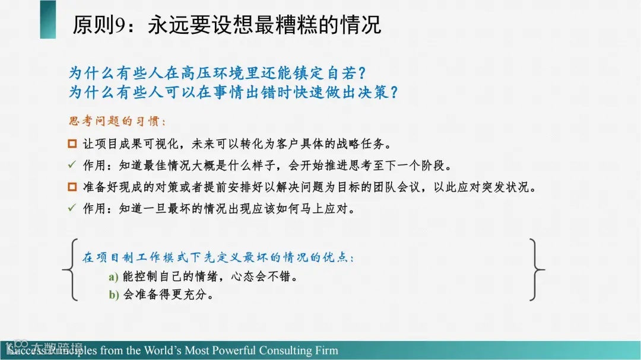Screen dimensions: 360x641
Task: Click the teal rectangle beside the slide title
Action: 48,20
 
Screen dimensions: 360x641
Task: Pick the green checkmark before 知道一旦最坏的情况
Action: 72,208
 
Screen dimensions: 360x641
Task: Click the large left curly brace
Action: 70,270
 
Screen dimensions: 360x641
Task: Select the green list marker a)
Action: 113,278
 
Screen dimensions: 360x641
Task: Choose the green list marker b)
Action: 113,295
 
